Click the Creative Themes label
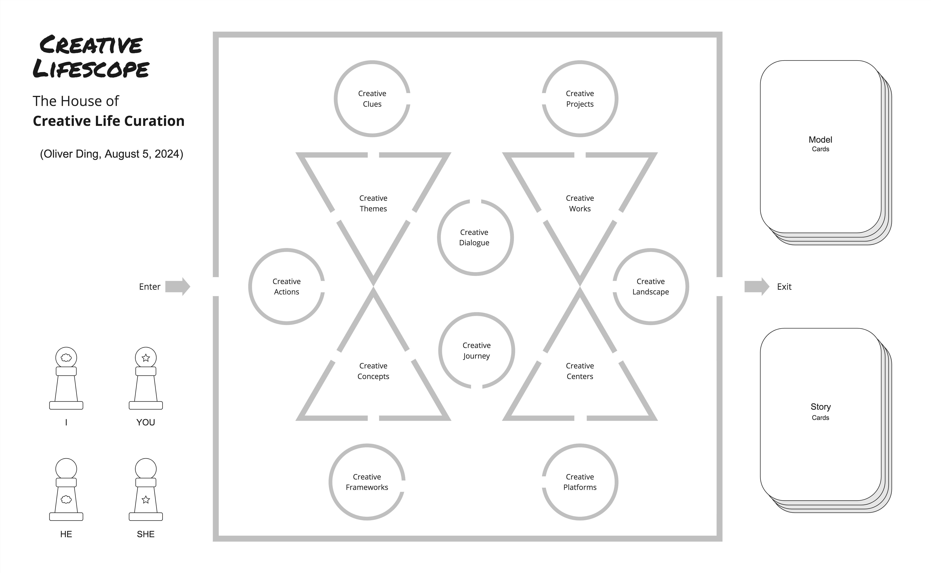coord(373,203)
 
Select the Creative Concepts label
coord(373,371)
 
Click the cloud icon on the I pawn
coord(66,357)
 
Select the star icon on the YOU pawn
coord(146,357)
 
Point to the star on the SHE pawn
coord(146,500)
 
